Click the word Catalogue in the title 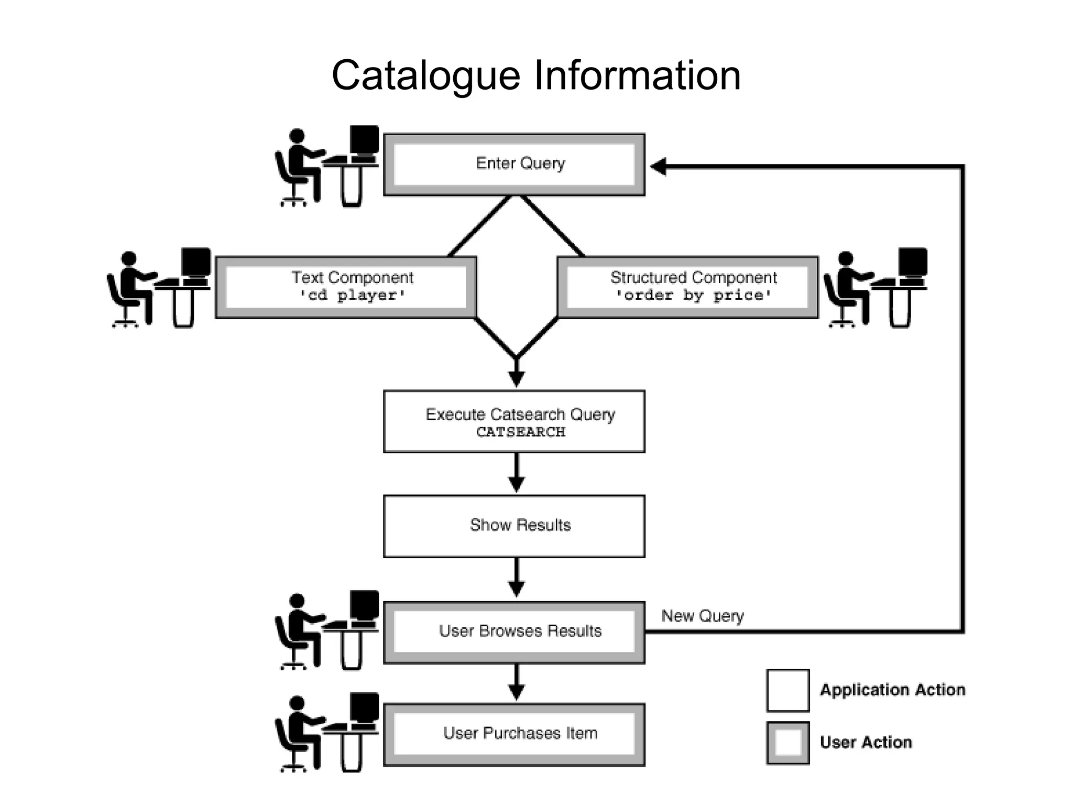click(x=425, y=76)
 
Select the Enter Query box click(x=514, y=165)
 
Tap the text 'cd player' click(x=353, y=296)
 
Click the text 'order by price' click(x=693, y=296)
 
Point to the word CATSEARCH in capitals click(x=520, y=432)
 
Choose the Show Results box click(x=514, y=526)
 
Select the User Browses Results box click(x=514, y=632)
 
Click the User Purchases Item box click(x=514, y=734)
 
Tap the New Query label click(x=702, y=616)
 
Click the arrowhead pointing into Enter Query click(x=658, y=167)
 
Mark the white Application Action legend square click(x=787, y=690)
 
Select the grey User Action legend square click(x=787, y=743)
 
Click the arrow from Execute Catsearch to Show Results click(x=517, y=472)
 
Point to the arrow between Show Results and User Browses click(x=517, y=576)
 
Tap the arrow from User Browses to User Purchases click(x=517, y=681)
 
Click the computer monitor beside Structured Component click(x=913, y=262)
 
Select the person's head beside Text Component click(x=129, y=258)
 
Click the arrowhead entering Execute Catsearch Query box click(x=517, y=378)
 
